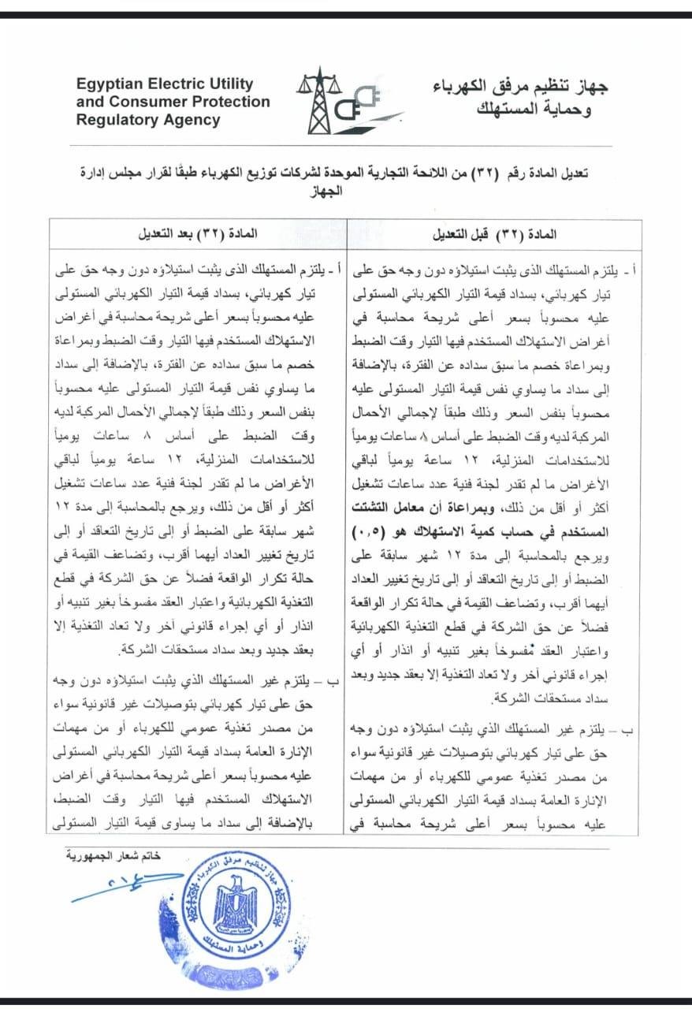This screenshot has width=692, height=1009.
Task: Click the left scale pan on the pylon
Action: pyautogui.click(x=303, y=87)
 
